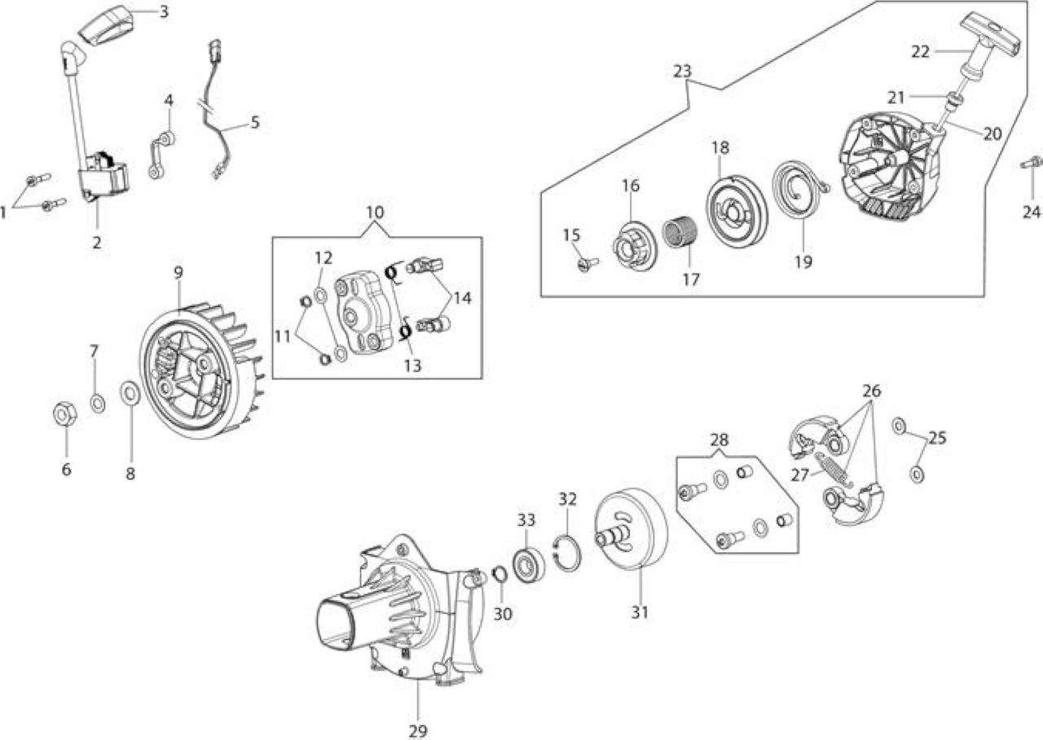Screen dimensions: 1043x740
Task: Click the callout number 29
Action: click(418, 731)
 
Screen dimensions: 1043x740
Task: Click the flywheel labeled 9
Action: click(201, 357)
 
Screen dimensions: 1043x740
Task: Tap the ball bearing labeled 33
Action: click(529, 563)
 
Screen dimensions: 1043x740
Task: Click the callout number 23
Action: click(682, 71)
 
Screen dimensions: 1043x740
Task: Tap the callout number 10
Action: click(375, 212)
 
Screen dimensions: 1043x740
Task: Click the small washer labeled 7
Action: click(98, 402)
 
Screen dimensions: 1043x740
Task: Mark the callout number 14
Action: click(462, 298)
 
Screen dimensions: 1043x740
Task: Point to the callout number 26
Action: click(871, 391)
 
